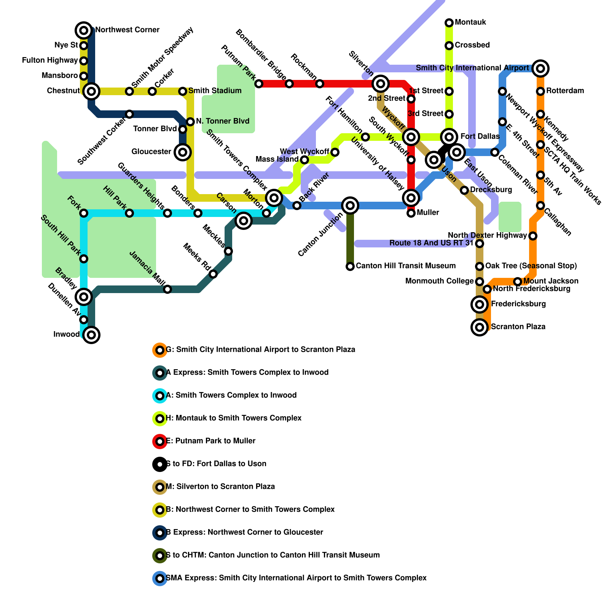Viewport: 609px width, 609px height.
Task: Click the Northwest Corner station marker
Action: click(x=84, y=30)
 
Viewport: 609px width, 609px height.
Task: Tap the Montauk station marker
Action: click(x=449, y=23)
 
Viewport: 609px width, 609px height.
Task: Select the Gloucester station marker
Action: click(x=183, y=152)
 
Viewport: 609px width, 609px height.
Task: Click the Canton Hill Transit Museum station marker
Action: click(x=350, y=266)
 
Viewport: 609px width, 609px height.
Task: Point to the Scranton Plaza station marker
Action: click(x=480, y=327)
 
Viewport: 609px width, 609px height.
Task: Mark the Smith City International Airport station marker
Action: click(x=540, y=69)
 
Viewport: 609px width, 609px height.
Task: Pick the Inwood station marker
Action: click(x=91, y=335)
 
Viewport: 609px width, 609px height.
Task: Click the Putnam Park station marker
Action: click(x=259, y=84)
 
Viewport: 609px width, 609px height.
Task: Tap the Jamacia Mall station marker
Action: click(x=167, y=289)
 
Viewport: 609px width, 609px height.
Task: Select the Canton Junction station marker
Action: click(x=350, y=206)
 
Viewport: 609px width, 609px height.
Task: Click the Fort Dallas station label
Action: click(x=480, y=136)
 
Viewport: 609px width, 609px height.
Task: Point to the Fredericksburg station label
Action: click(x=518, y=304)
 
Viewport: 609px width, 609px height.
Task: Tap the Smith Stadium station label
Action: click(x=215, y=91)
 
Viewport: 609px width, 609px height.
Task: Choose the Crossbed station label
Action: click(x=472, y=45)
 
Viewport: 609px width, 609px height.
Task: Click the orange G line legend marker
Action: click(x=160, y=350)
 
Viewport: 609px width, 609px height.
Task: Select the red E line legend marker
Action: click(x=160, y=441)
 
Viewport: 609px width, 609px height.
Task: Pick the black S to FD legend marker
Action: click(x=160, y=464)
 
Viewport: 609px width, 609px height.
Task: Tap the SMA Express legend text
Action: click(x=296, y=578)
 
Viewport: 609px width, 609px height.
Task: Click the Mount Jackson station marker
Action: click(x=517, y=282)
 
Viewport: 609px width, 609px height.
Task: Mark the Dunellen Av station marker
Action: click(x=84, y=320)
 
